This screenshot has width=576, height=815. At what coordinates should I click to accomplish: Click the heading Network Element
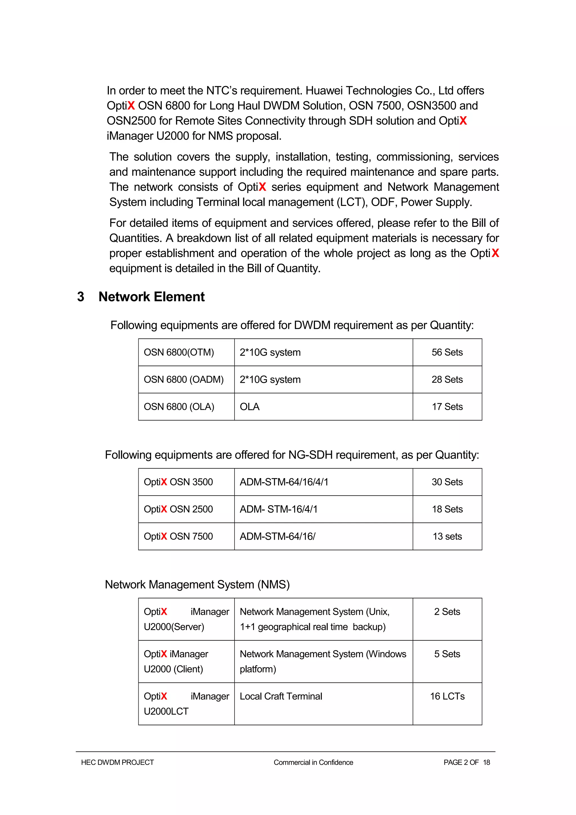click(152, 297)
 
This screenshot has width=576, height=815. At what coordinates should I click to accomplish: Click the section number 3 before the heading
click(80, 297)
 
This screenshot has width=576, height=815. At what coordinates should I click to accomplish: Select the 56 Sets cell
click(447, 352)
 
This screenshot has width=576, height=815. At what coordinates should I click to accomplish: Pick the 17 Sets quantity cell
click(447, 407)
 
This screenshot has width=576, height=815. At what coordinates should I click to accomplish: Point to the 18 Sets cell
click(447, 509)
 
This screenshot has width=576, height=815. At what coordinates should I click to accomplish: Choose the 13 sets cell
click(447, 536)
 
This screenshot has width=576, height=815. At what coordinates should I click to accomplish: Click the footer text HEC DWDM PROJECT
click(118, 762)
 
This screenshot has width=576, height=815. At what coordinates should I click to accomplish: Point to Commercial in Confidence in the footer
click(313, 762)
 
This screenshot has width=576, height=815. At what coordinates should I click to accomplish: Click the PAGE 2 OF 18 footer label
click(466, 762)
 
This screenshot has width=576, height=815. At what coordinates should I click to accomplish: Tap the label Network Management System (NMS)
click(197, 585)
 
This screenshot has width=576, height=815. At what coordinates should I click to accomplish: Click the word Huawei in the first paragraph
click(324, 91)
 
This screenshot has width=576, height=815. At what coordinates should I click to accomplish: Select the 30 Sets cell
click(447, 482)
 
